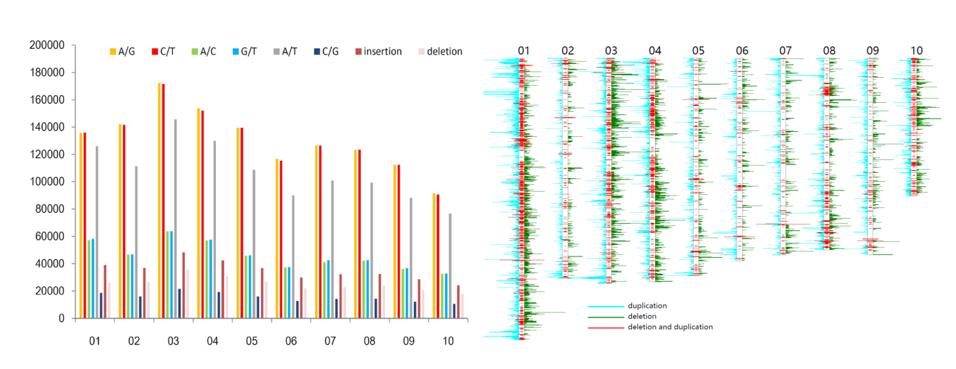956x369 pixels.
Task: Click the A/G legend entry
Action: click(122, 51)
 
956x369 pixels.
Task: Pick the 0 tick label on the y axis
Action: click(61, 318)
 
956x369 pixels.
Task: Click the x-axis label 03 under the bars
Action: click(173, 341)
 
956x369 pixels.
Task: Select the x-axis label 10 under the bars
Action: click(447, 341)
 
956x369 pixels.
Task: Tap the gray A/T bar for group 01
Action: click(97, 232)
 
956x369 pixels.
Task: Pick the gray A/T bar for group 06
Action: click(293, 256)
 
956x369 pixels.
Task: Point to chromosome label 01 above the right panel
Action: click(523, 51)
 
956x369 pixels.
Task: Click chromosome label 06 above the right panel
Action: click(743, 51)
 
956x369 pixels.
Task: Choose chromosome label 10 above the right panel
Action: click(916, 51)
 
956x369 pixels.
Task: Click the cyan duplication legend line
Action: click(606, 306)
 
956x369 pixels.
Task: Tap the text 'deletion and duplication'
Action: click(670, 327)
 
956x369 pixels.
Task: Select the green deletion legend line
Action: click(606, 317)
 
